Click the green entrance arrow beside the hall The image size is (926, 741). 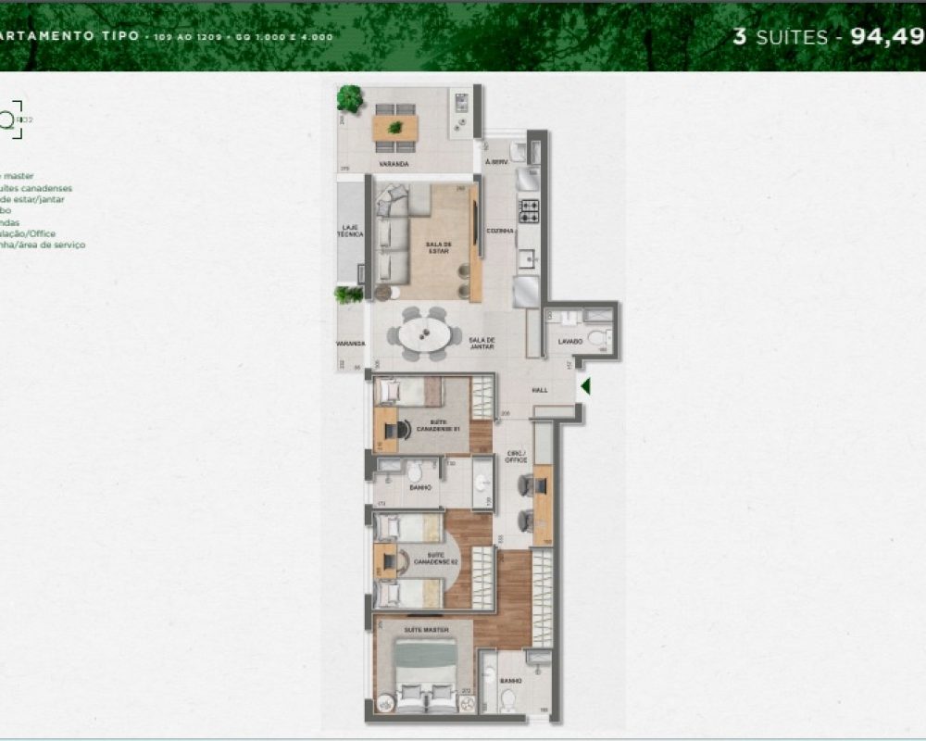(584, 387)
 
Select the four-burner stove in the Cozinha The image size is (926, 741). (530, 210)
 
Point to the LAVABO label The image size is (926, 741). (569, 341)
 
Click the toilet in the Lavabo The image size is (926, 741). (597, 337)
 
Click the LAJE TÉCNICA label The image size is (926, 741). (351, 232)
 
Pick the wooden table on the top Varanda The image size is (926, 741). (395, 127)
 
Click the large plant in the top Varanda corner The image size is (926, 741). (350, 96)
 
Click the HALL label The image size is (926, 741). (540, 390)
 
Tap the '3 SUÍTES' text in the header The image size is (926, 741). (778, 37)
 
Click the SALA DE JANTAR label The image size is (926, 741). (482, 344)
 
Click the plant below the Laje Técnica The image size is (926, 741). (349, 295)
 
